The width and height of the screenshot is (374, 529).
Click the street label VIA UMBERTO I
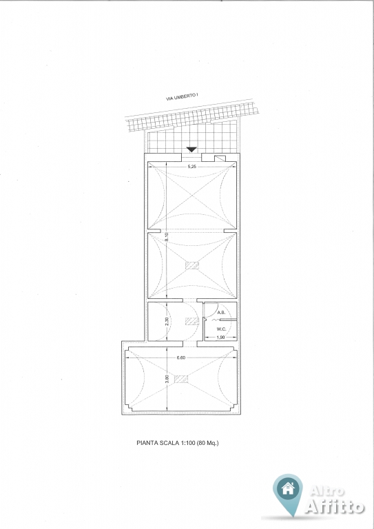point(182,97)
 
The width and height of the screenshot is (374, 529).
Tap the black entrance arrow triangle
point(191,149)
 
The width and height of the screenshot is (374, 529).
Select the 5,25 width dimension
point(192,166)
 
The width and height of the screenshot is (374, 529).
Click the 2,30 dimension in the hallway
point(167,321)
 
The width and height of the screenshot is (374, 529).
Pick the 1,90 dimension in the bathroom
point(220,337)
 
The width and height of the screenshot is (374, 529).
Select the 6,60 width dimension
point(180,358)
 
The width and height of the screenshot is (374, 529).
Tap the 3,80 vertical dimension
point(167,380)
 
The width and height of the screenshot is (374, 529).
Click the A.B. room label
point(221,313)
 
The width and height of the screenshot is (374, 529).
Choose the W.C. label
point(221,329)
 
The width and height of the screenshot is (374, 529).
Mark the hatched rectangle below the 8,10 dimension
point(192,265)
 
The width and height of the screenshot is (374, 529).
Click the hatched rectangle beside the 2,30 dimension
point(192,321)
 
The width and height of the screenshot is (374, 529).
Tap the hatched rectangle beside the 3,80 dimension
point(181,379)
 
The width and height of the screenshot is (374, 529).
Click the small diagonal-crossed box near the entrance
point(220,158)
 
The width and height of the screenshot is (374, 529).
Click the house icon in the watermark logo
point(288,488)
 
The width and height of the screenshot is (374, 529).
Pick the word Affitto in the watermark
point(335,506)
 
